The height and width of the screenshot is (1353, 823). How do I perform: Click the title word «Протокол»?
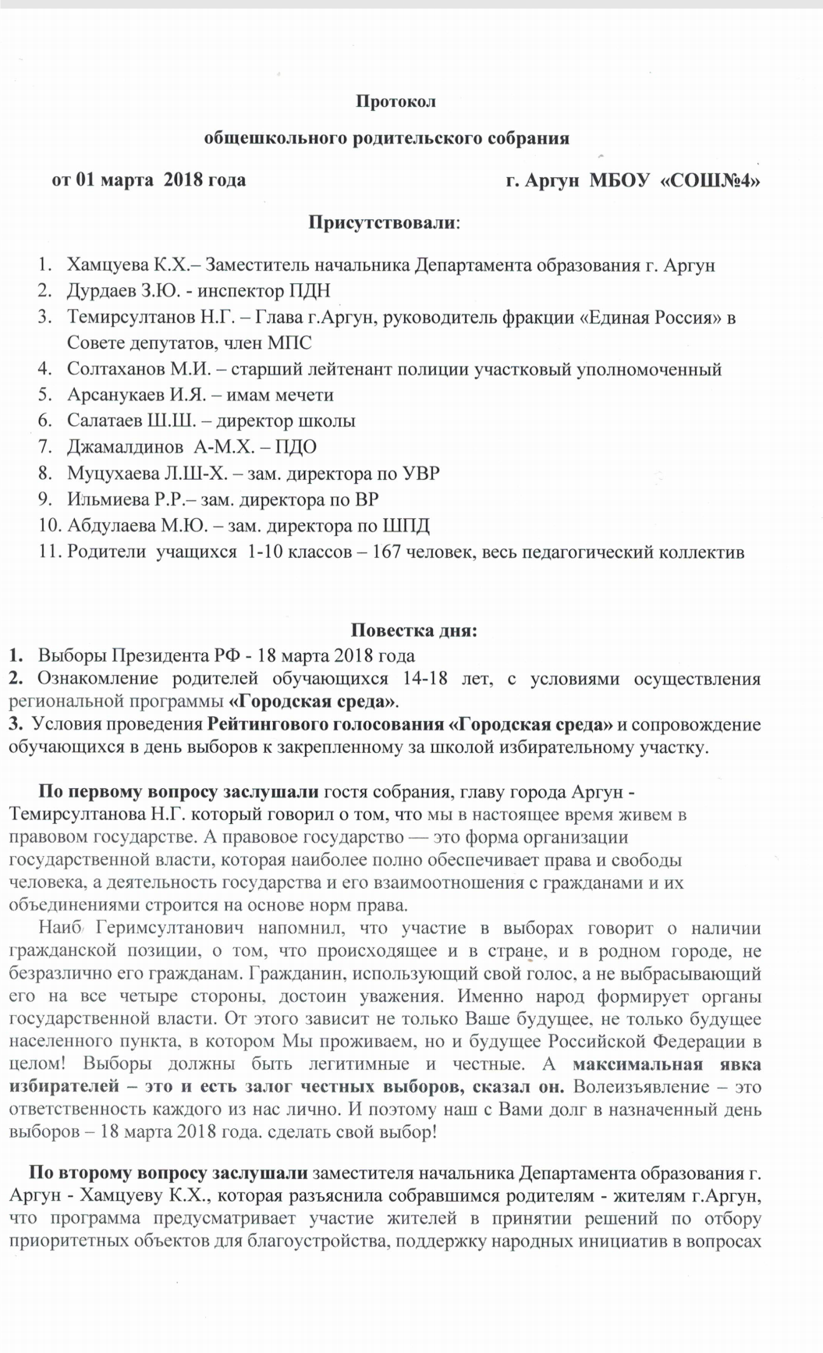coord(396,101)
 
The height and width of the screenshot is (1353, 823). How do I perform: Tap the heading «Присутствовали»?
coord(383,222)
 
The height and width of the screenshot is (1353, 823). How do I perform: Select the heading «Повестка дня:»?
coord(413,630)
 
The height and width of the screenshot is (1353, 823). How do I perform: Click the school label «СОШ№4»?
coord(711,180)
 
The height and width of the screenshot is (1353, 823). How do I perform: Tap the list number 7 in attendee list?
coord(44,447)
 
